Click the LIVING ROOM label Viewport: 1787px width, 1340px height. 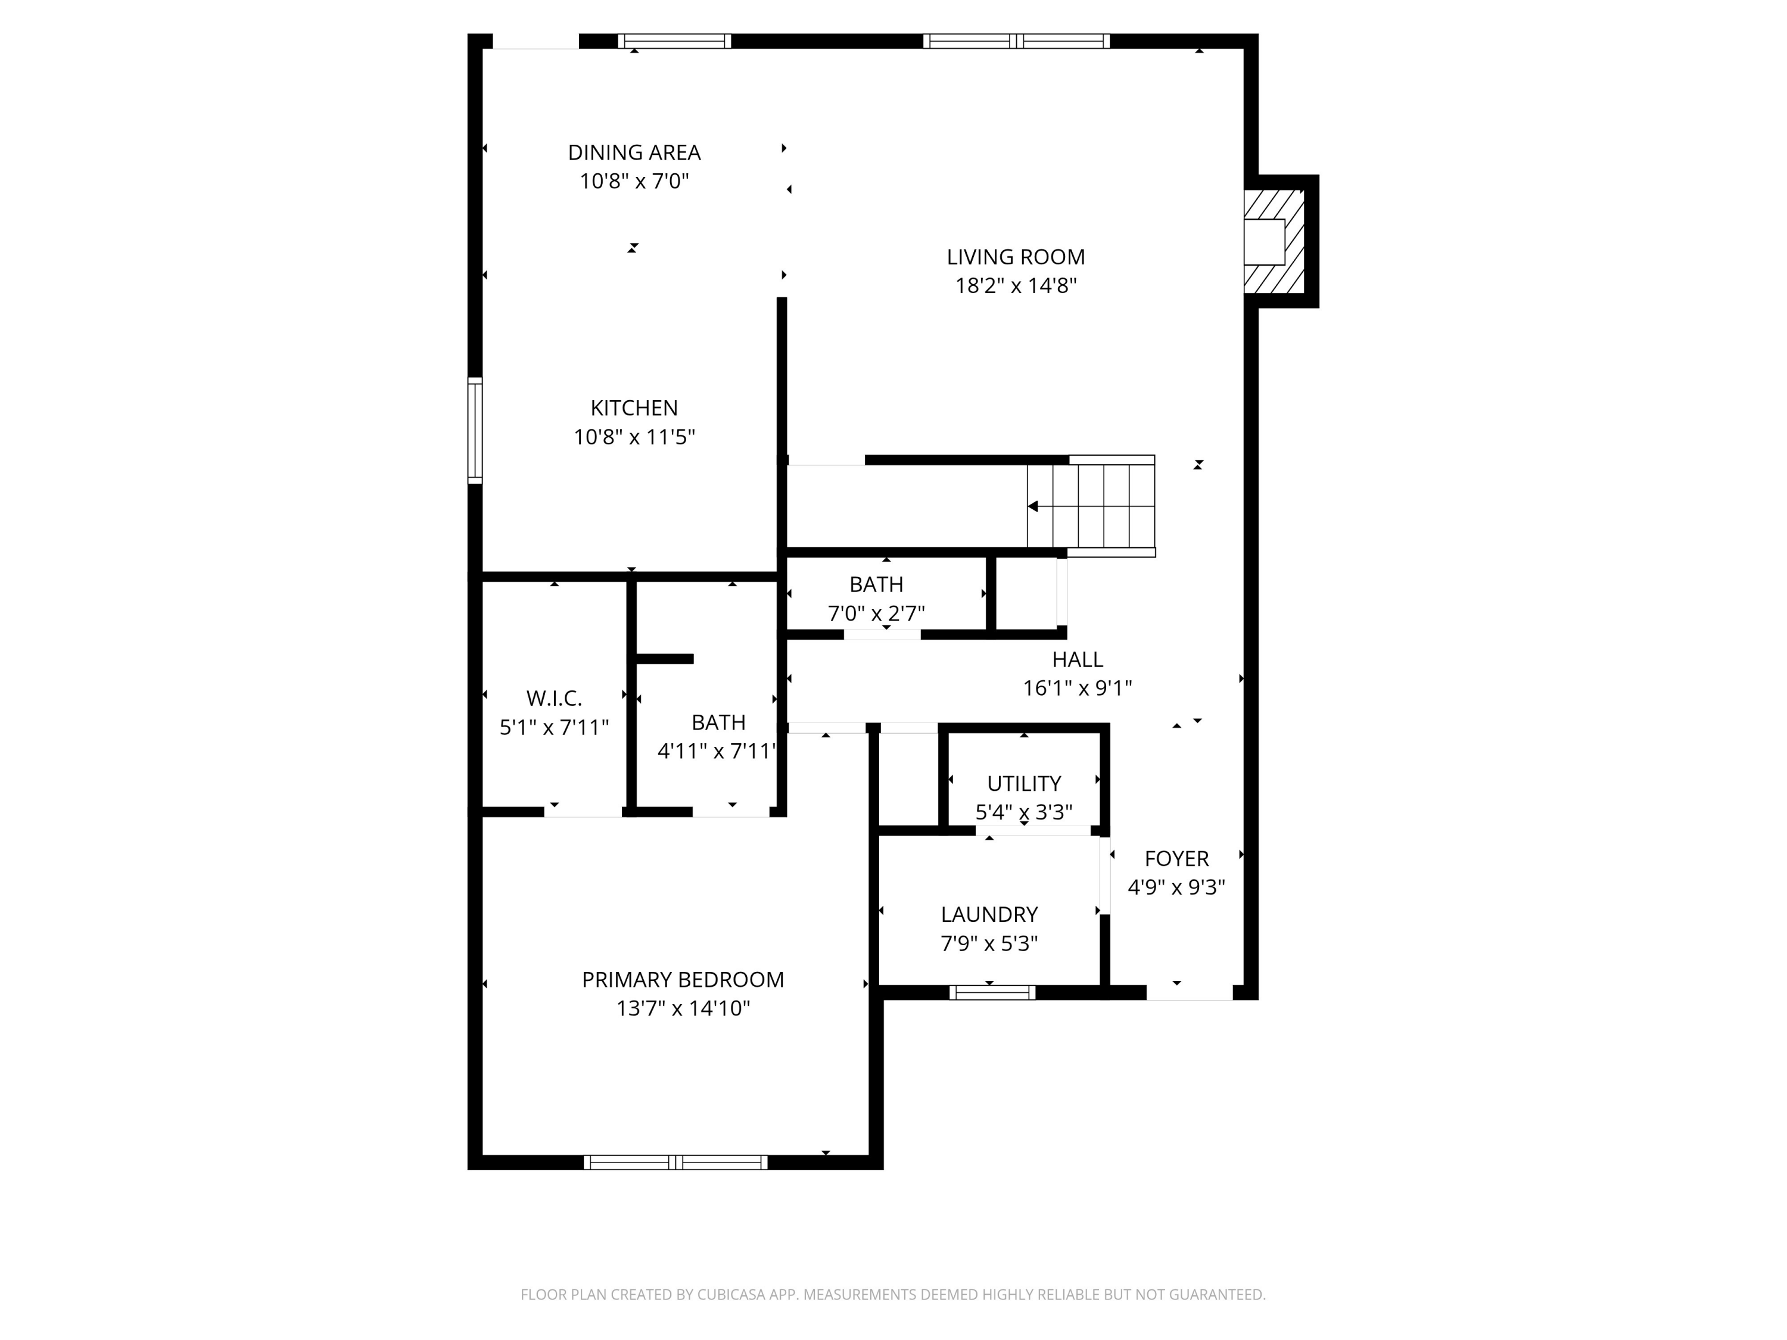tap(1016, 257)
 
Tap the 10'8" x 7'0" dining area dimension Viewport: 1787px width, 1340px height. tap(634, 181)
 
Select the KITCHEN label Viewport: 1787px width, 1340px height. tap(634, 408)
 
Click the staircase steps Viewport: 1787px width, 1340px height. tap(1091, 506)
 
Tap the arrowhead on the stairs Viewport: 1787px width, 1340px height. tap(1032, 506)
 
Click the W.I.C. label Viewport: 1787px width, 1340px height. tap(553, 698)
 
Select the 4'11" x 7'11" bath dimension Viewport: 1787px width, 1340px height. tap(717, 751)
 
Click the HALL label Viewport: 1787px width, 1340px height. tap(1077, 659)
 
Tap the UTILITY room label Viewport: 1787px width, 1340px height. tap(1023, 784)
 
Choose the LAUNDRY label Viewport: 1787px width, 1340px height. tap(989, 914)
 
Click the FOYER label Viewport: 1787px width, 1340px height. tap(1176, 859)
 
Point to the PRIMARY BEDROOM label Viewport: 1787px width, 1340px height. tap(683, 980)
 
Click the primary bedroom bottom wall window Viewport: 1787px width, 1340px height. tap(675, 1163)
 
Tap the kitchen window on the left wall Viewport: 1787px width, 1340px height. tap(475, 431)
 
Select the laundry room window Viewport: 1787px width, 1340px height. tap(992, 993)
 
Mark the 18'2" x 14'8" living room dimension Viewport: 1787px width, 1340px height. tap(1016, 286)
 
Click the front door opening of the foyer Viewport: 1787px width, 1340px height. tap(1189, 993)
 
